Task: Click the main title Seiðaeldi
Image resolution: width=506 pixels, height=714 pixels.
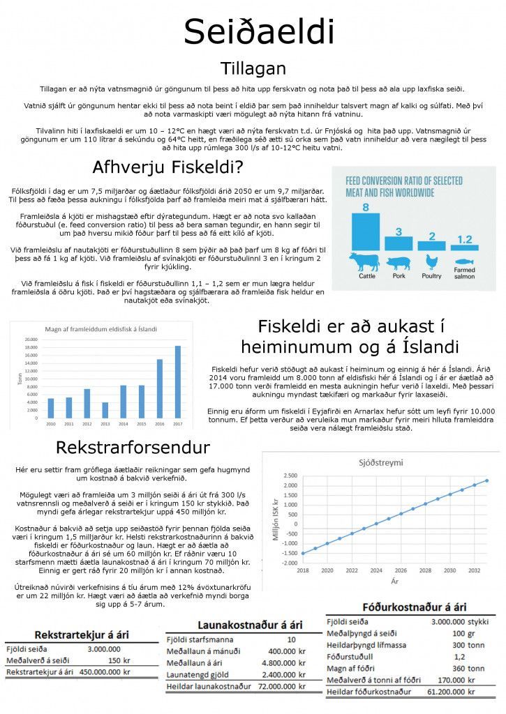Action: tap(259, 32)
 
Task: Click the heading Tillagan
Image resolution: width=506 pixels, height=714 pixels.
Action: tap(253, 68)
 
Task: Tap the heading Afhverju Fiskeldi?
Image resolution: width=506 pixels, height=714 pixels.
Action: tap(168, 167)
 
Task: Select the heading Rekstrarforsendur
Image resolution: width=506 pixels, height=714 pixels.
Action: tap(132, 446)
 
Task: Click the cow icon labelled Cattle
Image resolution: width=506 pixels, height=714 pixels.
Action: tap(364, 262)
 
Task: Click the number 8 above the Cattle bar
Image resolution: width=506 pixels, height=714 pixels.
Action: tap(364, 206)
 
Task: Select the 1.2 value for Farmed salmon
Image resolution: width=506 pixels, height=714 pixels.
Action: tap(464, 239)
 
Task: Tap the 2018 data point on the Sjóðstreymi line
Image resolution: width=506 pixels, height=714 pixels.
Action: tap(302, 553)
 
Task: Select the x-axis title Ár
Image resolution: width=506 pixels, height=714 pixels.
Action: tap(394, 580)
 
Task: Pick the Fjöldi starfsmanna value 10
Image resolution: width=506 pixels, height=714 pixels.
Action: tap(291, 639)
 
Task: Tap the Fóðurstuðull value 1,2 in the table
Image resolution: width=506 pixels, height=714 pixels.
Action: tap(459, 656)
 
